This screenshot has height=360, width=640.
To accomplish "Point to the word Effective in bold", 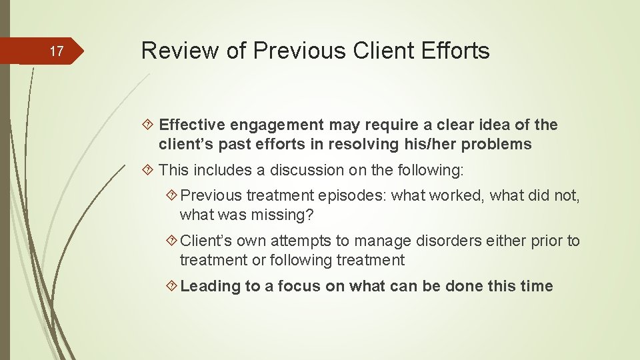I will [x=193, y=125].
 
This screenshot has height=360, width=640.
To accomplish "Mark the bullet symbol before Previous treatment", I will [x=171, y=195].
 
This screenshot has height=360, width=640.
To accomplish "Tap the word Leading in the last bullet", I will [x=211, y=286].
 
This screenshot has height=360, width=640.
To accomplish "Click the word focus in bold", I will [x=299, y=286].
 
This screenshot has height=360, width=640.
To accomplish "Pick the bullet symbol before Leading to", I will [x=171, y=286].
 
